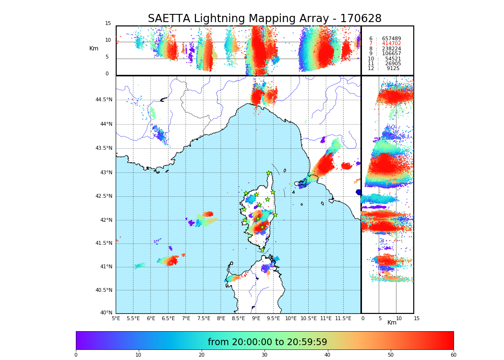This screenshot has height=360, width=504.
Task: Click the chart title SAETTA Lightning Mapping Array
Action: coord(264,19)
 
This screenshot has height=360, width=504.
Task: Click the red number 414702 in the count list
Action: coord(391,44)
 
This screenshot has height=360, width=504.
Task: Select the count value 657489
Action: coord(391,38)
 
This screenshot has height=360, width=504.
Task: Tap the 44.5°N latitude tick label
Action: coord(104,100)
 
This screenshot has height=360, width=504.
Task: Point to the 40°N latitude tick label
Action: coord(106,313)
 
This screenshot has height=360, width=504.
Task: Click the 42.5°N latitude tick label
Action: coord(104,196)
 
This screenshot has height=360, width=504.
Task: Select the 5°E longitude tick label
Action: coord(116,318)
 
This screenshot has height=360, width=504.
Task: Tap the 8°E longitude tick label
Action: coord(221,318)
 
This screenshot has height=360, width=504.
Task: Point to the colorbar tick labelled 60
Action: coord(453,355)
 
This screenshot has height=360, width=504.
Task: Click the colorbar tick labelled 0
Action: coord(76,355)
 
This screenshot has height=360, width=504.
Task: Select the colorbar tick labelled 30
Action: coord(264,355)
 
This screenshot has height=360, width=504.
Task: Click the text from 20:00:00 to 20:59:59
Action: coord(267,342)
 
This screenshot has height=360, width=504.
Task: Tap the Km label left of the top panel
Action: coord(94,48)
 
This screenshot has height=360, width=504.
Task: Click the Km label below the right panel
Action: coord(392,323)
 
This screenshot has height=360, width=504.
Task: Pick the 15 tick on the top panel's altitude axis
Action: coord(108,24)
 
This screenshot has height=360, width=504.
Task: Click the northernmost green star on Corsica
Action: coord(269,173)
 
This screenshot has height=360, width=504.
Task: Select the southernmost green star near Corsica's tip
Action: coord(262,250)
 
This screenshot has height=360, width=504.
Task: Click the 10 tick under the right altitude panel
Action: coord(399,318)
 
